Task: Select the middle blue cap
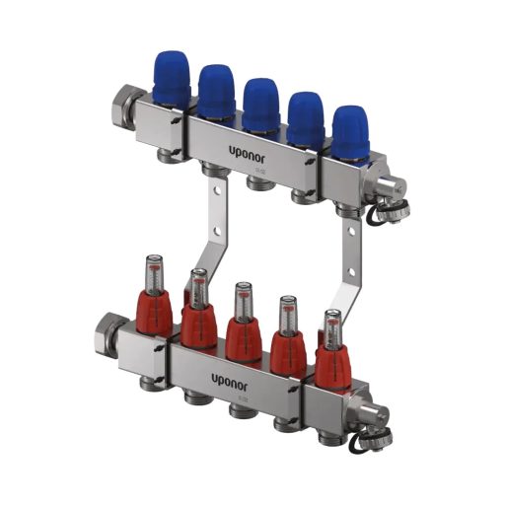coord(260,103)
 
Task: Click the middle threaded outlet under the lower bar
coord(238,410)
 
